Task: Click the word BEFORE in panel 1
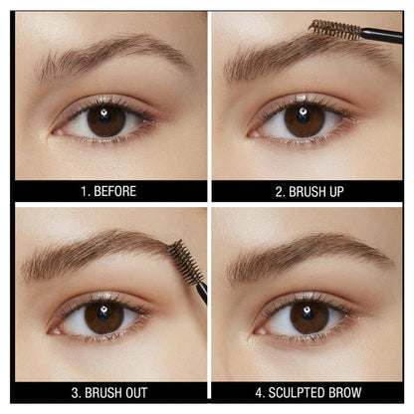tap(115, 191)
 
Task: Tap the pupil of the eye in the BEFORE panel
tap(104, 121)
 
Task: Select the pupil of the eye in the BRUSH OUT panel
tap(104, 316)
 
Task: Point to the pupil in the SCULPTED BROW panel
tap(310, 316)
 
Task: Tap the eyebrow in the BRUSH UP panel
tap(289, 55)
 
